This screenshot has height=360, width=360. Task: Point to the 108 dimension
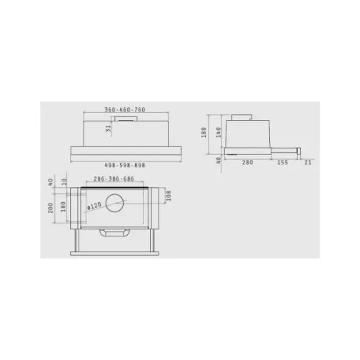[169, 195]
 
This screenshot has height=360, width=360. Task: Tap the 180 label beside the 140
[205, 133]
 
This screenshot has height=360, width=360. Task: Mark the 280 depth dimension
[247, 163]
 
